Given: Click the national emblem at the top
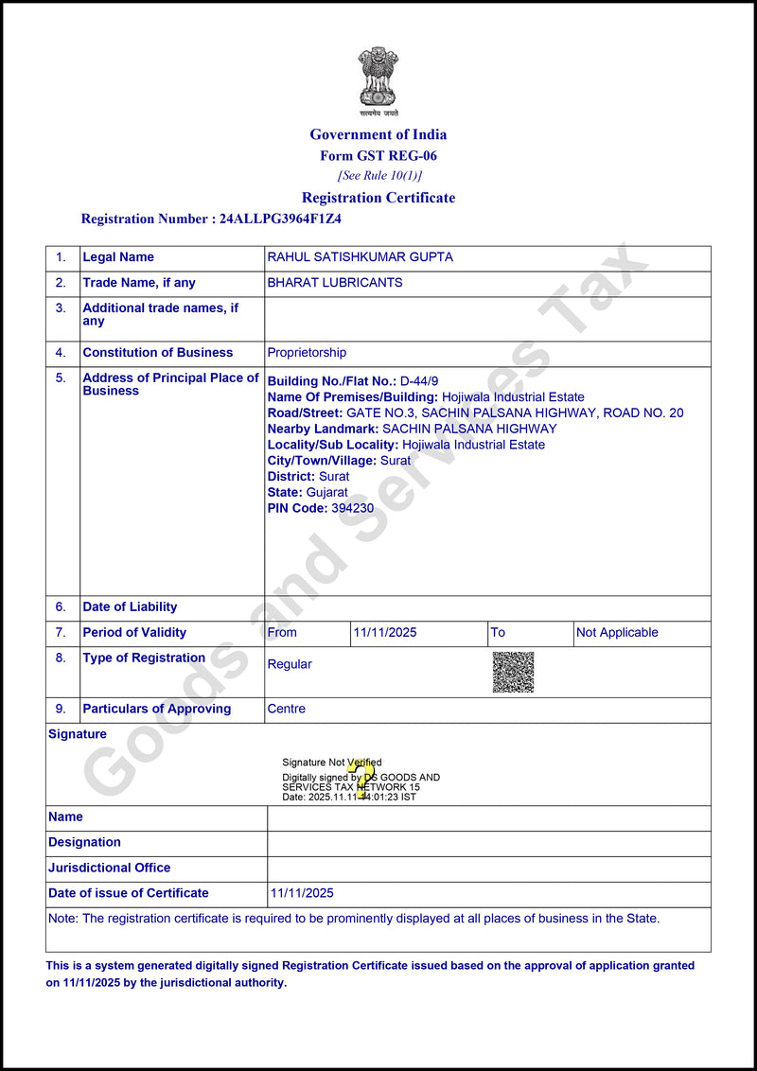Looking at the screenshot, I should pyautogui.click(x=378, y=78).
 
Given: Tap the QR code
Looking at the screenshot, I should pyautogui.click(x=513, y=672).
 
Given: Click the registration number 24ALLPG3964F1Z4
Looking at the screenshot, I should pyautogui.click(x=280, y=219).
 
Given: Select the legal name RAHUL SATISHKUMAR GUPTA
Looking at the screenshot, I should pyautogui.click(x=360, y=257).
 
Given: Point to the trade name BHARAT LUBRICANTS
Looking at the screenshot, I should pyautogui.click(x=335, y=283).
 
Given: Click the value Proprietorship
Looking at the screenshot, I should pyautogui.click(x=307, y=353).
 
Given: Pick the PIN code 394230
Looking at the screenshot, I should pyautogui.click(x=352, y=508).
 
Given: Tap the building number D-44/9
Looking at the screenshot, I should pyautogui.click(x=419, y=381).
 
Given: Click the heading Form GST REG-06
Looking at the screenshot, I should pyautogui.click(x=378, y=156).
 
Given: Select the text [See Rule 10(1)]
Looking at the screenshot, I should pyautogui.click(x=378, y=176).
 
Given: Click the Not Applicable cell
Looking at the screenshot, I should pyautogui.click(x=617, y=633).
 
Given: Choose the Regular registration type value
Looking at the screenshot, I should pyautogui.click(x=290, y=664).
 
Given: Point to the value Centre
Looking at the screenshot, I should pyautogui.click(x=286, y=709).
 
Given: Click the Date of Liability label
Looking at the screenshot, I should pyautogui.click(x=130, y=607).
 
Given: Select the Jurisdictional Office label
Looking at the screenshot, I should pyautogui.click(x=110, y=868).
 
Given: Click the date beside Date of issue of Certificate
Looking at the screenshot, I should pyautogui.click(x=302, y=893).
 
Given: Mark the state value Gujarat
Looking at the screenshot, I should pyautogui.click(x=326, y=492).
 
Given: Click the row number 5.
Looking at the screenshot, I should pyautogui.click(x=61, y=377).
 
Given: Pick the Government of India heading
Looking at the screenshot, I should pyautogui.click(x=378, y=134).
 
